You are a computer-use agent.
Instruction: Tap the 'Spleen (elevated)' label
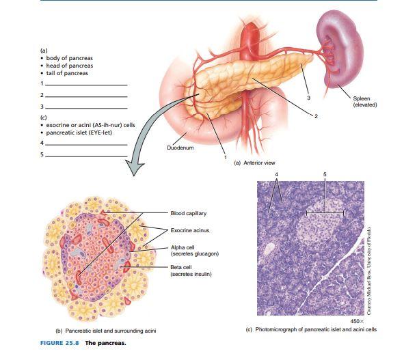tap(364, 102)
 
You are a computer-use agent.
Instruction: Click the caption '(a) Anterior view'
tap(254, 163)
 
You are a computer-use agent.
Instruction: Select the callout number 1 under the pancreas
tap(225, 158)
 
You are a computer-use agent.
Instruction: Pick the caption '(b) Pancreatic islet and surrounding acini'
tap(106, 331)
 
